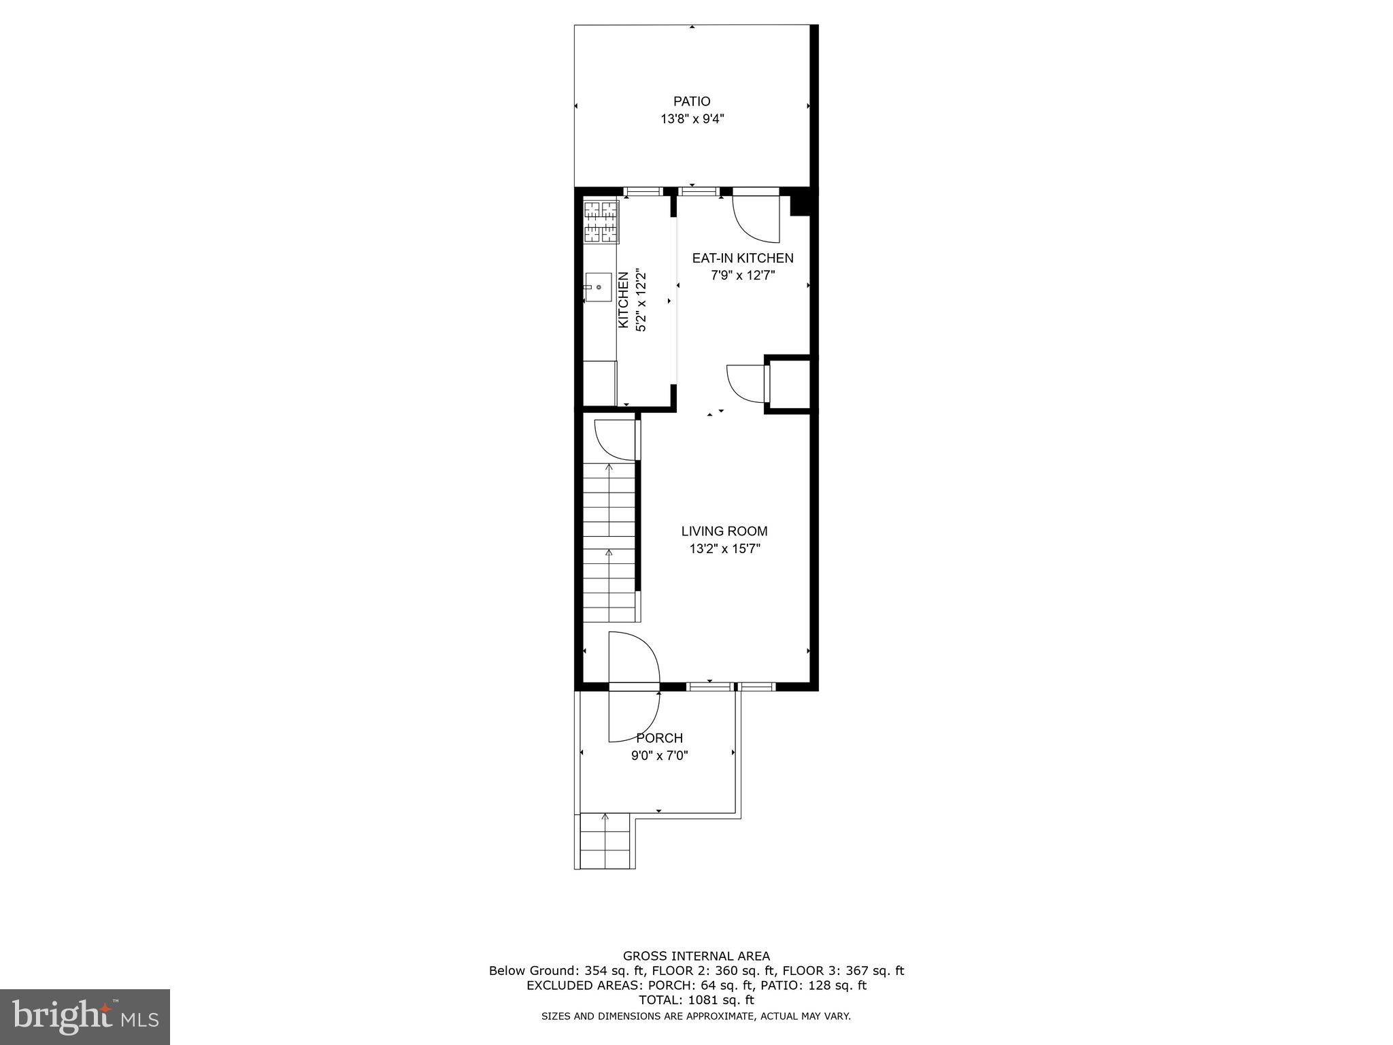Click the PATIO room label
point(692,101)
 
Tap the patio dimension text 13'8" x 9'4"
point(692,119)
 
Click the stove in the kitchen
point(601,222)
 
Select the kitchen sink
point(599,287)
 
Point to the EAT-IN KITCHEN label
point(743,258)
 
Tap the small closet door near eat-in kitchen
point(747,384)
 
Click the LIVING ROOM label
point(724,531)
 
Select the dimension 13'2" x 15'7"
point(724,549)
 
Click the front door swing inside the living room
point(633,657)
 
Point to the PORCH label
point(659,738)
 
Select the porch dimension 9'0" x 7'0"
point(659,755)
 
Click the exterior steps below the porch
point(605,842)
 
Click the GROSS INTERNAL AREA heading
point(696,956)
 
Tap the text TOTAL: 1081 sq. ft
point(696,1000)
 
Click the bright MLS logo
point(85,1016)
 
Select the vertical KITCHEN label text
point(623,301)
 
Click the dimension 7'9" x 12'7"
point(743,276)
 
